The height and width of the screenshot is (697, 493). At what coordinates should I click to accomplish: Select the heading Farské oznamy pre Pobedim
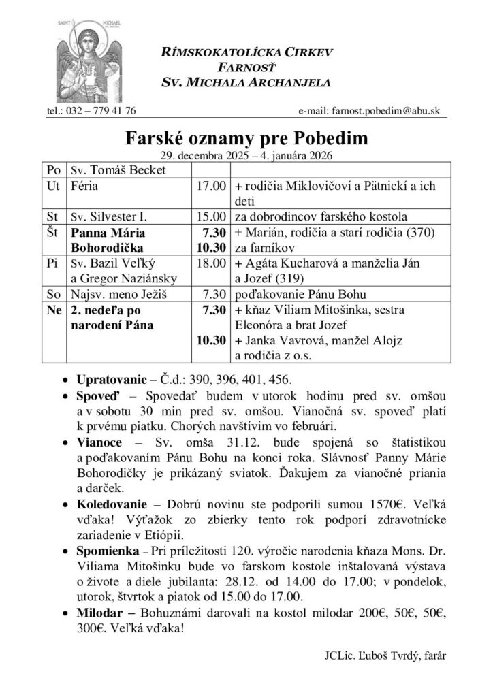click(x=246, y=139)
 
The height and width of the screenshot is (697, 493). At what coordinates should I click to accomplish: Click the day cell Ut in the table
click(x=52, y=186)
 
